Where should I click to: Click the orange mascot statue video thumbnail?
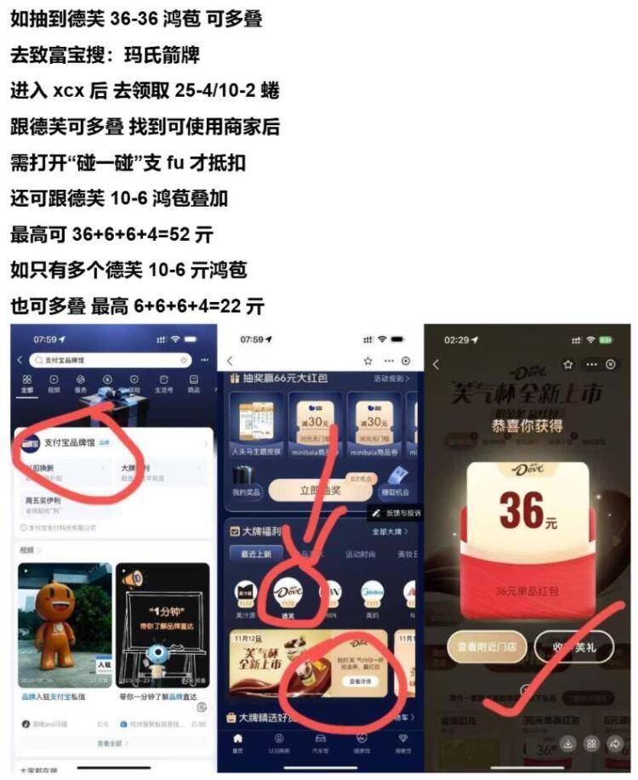click(x=64, y=623)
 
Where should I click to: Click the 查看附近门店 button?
click(x=487, y=646)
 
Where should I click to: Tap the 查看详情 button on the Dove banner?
click(x=361, y=681)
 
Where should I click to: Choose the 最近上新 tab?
click(x=256, y=554)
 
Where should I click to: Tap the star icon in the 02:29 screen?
click(x=567, y=364)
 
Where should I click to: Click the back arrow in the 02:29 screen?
click(x=436, y=364)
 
